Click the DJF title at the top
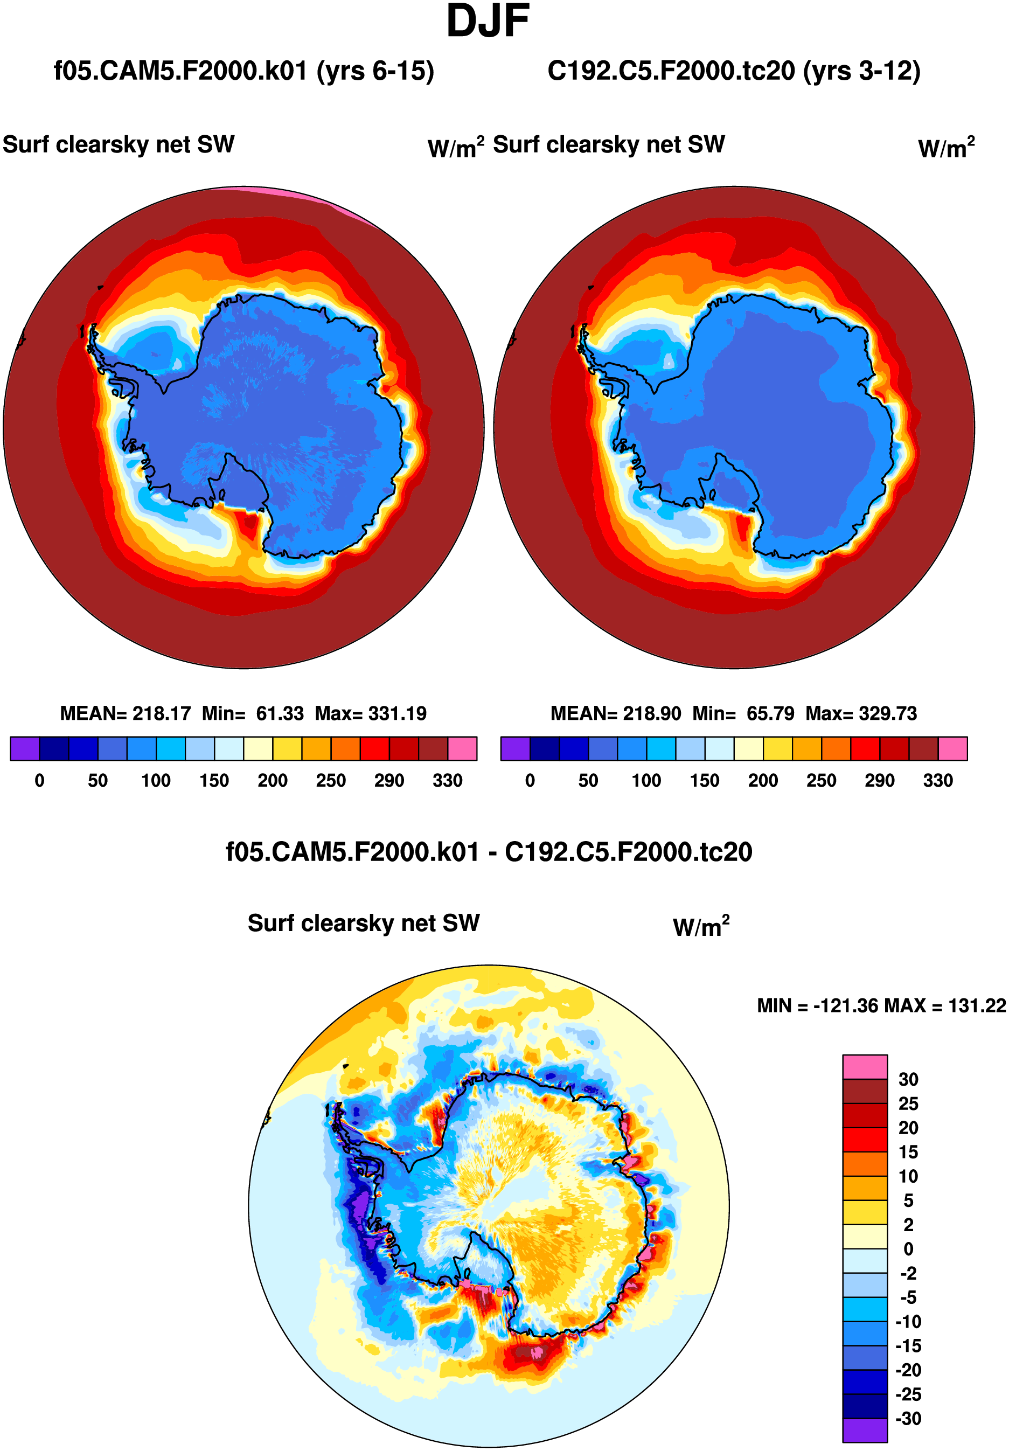(x=487, y=22)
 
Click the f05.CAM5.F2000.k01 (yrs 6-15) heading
(x=244, y=71)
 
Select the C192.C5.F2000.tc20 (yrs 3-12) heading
(x=734, y=71)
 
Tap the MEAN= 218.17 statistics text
(x=125, y=713)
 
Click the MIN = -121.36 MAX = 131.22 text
(x=881, y=1005)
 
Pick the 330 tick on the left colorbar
(x=447, y=781)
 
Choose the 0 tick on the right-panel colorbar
(x=530, y=781)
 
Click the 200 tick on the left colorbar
(x=272, y=781)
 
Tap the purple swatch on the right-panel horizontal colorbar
(x=515, y=748)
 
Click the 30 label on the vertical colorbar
(x=908, y=1079)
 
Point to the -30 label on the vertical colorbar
(x=907, y=1418)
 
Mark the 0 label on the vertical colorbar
(x=908, y=1249)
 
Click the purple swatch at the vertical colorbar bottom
(x=864, y=1430)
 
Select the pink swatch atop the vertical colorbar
(x=864, y=1067)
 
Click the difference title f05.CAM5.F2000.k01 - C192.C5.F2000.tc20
(x=489, y=852)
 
